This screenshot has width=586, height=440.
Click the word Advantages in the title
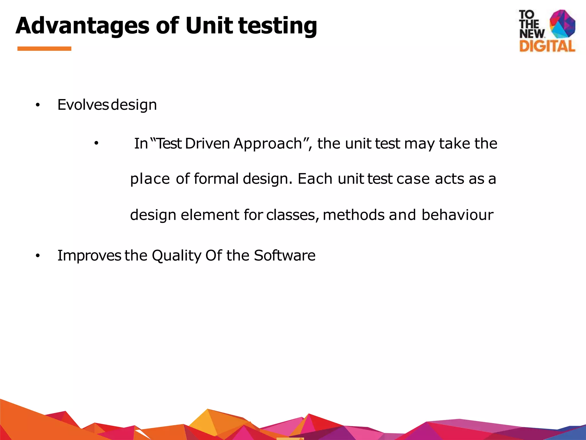tap(82, 26)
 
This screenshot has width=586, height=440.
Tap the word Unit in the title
tap(209, 26)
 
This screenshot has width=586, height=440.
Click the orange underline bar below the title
tap(44, 49)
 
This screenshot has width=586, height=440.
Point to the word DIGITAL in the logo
tap(547, 46)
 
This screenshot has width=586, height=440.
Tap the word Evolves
tap(83, 105)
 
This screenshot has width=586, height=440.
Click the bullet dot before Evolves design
tap(37, 105)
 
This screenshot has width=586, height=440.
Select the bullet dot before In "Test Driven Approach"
tap(96, 143)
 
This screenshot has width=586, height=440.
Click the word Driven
tap(207, 144)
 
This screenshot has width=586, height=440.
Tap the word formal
tap(216, 179)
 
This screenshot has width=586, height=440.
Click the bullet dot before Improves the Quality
tap(37, 256)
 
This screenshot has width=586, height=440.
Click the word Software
tap(285, 255)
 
